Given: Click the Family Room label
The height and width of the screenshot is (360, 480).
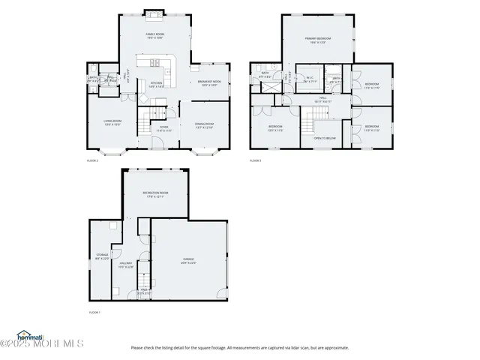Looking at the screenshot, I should click(154, 34).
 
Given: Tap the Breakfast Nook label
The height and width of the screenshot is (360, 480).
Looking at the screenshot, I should click(209, 82).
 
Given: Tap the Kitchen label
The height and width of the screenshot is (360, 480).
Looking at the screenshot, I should click(157, 83).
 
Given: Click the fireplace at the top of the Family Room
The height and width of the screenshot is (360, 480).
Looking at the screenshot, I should click(154, 13).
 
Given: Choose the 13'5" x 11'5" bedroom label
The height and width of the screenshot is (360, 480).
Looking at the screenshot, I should click(275, 127).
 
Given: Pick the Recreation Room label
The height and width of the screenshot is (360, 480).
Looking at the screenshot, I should click(155, 193).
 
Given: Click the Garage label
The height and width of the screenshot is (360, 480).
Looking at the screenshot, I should click(187, 261).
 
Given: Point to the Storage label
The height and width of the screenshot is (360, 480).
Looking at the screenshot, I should click(102, 255).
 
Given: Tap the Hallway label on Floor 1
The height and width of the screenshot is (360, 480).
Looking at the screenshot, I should click(124, 264).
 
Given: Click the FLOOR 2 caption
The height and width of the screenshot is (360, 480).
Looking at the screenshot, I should click(93, 160).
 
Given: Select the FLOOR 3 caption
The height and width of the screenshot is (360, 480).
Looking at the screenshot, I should click(255, 160).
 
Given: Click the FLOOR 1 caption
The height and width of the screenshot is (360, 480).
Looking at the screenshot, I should click(94, 312).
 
